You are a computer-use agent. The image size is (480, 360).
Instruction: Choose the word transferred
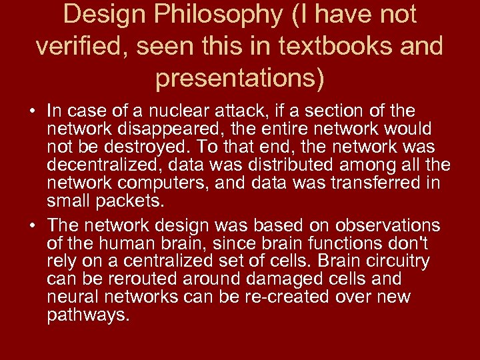pos(371,183)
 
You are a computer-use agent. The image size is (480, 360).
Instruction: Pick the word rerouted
pos(143,279)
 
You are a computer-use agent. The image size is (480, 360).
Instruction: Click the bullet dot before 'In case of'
pos(33,110)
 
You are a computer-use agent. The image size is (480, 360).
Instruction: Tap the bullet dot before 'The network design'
pos(33,225)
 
